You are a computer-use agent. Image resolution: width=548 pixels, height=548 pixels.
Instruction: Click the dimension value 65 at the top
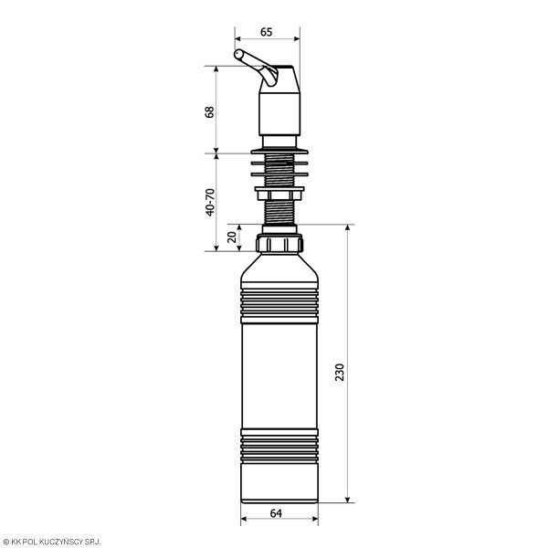point(267,32)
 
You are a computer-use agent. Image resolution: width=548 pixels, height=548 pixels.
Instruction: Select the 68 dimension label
point(210,112)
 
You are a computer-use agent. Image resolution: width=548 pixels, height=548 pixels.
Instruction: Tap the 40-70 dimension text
point(210,202)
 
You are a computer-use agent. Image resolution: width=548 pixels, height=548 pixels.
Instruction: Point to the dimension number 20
point(232,237)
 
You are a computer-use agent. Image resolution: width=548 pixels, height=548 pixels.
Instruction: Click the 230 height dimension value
point(340,373)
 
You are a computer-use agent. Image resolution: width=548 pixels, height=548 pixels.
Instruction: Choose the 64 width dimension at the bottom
point(276,513)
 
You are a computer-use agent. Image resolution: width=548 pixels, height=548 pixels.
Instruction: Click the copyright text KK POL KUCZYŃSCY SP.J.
point(52,542)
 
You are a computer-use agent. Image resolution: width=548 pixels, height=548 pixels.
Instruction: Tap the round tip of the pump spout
point(238,54)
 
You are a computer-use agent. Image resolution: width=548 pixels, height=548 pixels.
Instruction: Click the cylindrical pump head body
point(279,114)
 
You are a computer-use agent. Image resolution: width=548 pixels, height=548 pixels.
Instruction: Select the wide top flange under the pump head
point(279,152)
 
